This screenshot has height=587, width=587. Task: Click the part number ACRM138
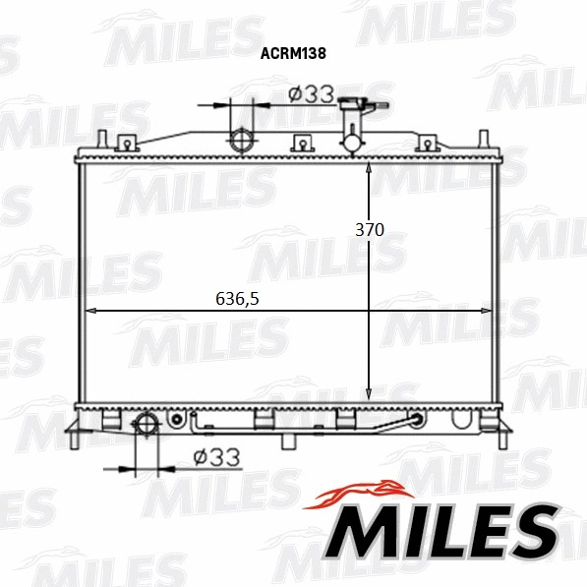[293, 56]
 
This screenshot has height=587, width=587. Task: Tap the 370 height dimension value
[369, 229]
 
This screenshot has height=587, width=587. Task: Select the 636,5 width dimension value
[237, 299]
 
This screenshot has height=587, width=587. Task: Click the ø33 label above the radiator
[312, 94]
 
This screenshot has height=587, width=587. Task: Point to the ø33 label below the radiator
[216, 457]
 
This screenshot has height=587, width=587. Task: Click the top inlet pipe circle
[241, 141]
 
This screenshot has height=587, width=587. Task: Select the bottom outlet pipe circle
[146, 425]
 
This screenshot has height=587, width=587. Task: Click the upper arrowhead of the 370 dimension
[369, 170]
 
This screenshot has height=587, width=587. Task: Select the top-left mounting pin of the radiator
[102, 141]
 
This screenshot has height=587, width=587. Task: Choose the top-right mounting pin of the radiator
[483, 141]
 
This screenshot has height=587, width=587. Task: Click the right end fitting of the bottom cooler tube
[417, 421]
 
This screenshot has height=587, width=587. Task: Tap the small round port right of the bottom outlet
[177, 421]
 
